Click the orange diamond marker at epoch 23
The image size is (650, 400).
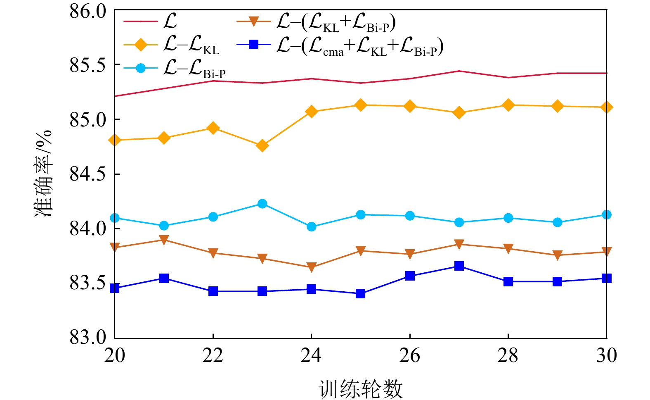[x=262, y=145]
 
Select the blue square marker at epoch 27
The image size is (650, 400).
[x=459, y=266]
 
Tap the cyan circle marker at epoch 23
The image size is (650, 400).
[x=262, y=204]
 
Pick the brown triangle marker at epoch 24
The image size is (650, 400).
[x=311, y=267]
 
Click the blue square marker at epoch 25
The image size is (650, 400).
[x=360, y=293]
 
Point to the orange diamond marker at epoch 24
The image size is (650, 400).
[x=311, y=112]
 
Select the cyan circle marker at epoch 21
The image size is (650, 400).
[x=164, y=226]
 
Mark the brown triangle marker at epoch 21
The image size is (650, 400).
[x=164, y=240]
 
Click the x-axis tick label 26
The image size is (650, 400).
[x=409, y=356]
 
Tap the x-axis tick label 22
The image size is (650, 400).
[x=213, y=356]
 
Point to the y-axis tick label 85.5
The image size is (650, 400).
[x=88, y=65]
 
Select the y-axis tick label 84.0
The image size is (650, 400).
[x=88, y=229]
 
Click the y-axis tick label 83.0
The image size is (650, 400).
[x=88, y=338]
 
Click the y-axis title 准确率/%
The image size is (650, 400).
[x=43, y=174]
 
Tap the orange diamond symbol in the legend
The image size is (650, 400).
[x=141, y=44]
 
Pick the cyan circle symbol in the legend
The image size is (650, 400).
[x=141, y=68]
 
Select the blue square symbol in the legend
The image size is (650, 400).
[x=253, y=44]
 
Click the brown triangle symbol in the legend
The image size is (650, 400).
[x=253, y=21]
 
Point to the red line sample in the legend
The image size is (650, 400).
[x=141, y=21]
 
